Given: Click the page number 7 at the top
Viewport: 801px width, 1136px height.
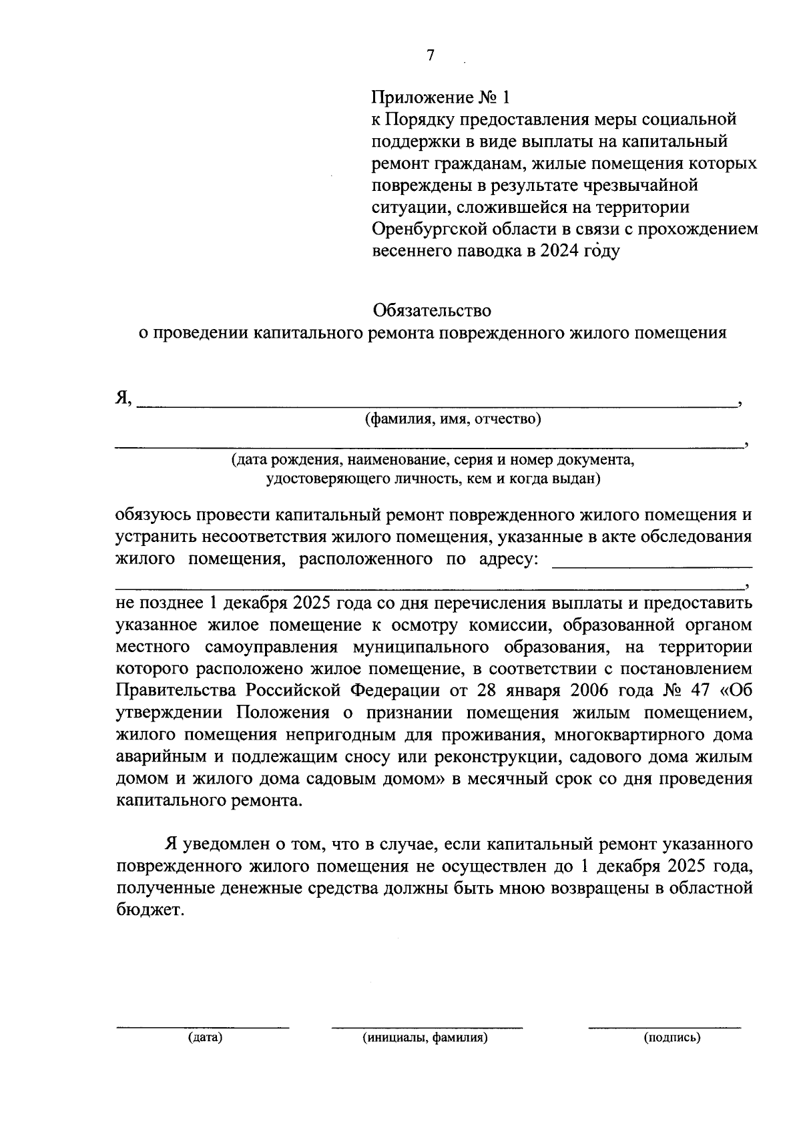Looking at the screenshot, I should [430, 55].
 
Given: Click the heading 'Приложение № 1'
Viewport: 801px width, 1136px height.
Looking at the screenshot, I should [440, 97].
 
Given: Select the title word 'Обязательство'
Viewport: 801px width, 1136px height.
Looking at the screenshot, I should [432, 310].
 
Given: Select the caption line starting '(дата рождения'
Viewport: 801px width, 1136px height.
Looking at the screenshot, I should [432, 461].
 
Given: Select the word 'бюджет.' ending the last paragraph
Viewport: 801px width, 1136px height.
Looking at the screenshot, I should [148, 910].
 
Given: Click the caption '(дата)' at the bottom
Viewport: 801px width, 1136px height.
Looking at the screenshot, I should [204, 1038].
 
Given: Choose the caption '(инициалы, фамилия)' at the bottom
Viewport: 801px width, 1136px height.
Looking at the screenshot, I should [425, 1038].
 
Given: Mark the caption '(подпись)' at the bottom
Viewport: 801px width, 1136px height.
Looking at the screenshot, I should [672, 1038].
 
